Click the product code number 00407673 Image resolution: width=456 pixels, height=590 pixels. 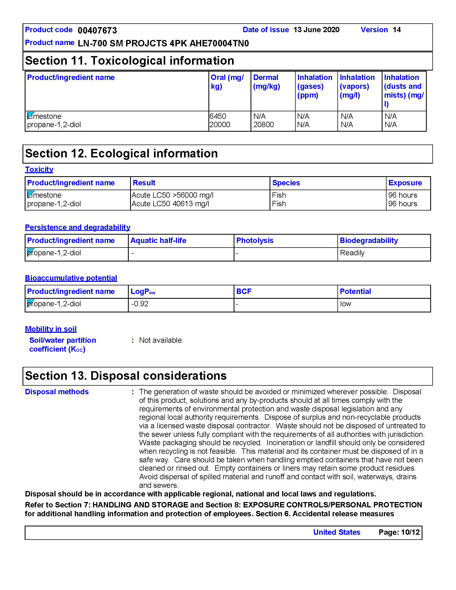tap(97, 30)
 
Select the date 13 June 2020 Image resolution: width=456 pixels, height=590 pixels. tap(316, 30)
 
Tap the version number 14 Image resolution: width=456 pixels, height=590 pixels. tap(396, 30)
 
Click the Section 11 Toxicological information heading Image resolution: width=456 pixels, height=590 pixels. tap(130, 61)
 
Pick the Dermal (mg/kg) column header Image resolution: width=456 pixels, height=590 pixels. tap(266, 82)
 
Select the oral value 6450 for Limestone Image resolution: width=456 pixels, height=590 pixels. tap(218, 116)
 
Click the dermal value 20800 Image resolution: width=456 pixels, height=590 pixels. tap(263, 124)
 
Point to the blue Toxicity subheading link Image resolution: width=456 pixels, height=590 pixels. tap(39, 169)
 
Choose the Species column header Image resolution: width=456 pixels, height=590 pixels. tap(286, 183)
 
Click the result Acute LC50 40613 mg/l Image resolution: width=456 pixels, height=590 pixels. tap(170, 204)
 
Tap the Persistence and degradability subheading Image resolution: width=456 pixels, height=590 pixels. tap(78, 227)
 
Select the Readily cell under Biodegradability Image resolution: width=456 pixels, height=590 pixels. tap(352, 253)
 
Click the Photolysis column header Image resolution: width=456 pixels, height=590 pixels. tap(255, 241)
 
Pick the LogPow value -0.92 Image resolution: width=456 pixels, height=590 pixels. tap(140, 304)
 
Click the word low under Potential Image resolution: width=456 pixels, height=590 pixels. tap(345, 304)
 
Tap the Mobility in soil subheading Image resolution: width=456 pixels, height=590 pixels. tap(51, 329)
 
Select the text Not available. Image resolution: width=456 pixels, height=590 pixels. tap(161, 340)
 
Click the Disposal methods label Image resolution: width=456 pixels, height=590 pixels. tap(57, 392)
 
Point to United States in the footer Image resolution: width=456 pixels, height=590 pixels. tap(337, 532)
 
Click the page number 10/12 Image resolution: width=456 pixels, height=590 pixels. tap(410, 532)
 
